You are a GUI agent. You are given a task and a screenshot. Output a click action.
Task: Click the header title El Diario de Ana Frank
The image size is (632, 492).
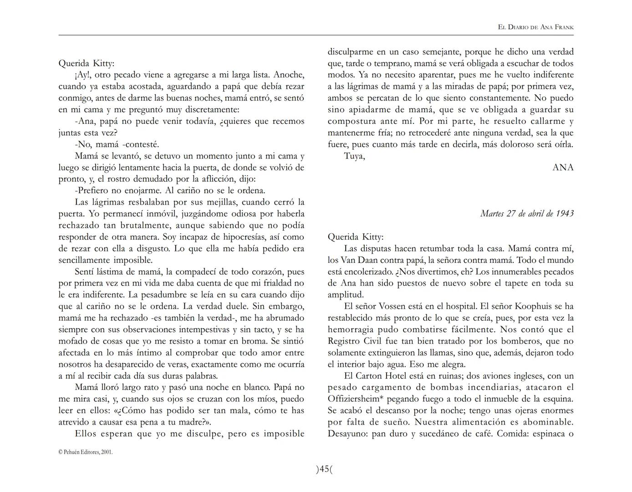(x=535, y=27)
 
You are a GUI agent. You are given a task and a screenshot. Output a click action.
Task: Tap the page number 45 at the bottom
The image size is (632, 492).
(x=324, y=469)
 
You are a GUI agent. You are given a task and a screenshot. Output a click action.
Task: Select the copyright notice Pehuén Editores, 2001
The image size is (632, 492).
(x=85, y=452)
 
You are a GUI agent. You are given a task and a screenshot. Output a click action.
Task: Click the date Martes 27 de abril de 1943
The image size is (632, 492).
(x=527, y=214)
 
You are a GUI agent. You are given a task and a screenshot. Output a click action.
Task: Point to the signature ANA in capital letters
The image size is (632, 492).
(x=563, y=168)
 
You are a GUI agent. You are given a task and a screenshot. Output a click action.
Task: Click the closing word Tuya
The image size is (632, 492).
(x=354, y=156)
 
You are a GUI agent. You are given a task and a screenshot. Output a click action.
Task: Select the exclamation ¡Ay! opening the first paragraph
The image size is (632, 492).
(x=82, y=75)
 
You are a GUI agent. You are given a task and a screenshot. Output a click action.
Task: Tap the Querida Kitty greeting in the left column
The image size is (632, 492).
(x=87, y=63)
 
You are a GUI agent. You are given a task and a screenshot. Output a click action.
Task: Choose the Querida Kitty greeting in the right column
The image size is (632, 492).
(x=356, y=237)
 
